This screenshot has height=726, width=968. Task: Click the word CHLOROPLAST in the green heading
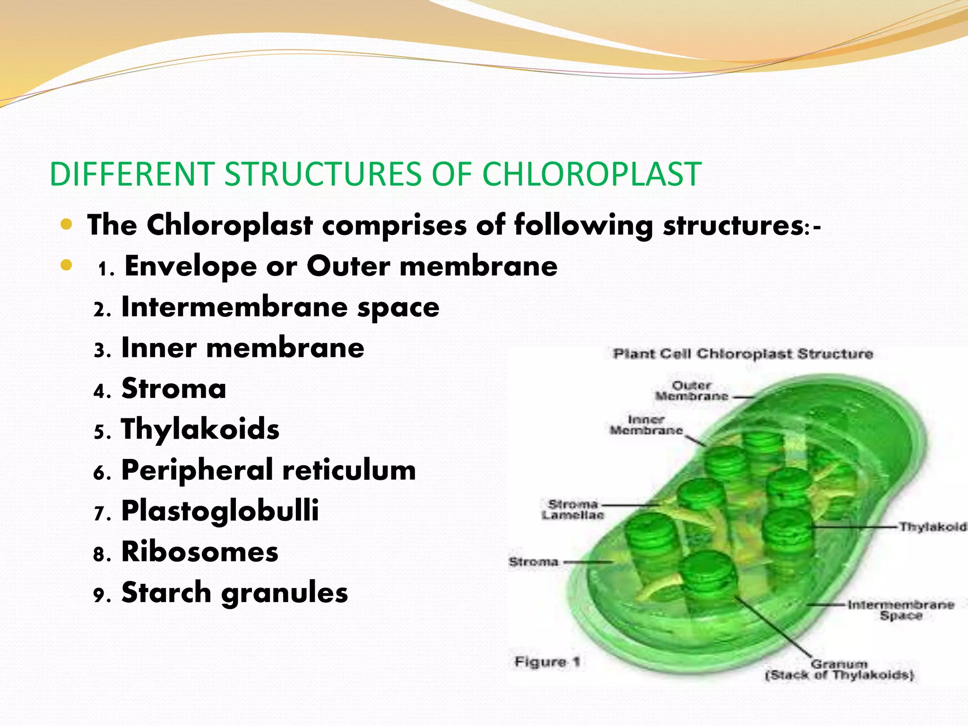[x=591, y=174]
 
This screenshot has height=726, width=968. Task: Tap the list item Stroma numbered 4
[x=173, y=389]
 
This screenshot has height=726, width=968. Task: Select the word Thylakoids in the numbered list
[x=200, y=429]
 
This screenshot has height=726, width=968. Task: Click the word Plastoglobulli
[x=220, y=511]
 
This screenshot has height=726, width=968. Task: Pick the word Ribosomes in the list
[x=199, y=552]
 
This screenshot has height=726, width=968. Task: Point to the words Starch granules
[x=234, y=593]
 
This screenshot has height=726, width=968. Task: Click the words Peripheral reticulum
[x=268, y=470]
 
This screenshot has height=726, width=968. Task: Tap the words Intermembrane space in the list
[x=280, y=307]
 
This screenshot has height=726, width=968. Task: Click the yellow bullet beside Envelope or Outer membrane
[x=66, y=265]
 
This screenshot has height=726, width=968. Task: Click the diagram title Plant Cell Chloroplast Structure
[x=743, y=354]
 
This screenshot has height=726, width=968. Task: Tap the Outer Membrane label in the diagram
[x=691, y=391]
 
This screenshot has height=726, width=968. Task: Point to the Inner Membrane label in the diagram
[x=646, y=425]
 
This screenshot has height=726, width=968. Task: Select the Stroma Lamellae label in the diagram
[x=572, y=510]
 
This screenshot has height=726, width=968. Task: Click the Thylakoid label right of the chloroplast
[x=932, y=527]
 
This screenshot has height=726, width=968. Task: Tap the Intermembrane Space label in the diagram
[x=900, y=610]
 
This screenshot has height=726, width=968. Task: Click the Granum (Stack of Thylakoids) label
[x=839, y=670]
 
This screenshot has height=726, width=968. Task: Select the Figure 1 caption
[x=547, y=662]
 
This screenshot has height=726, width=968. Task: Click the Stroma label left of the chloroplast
[x=533, y=562]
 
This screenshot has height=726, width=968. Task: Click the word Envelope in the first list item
[x=190, y=266]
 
